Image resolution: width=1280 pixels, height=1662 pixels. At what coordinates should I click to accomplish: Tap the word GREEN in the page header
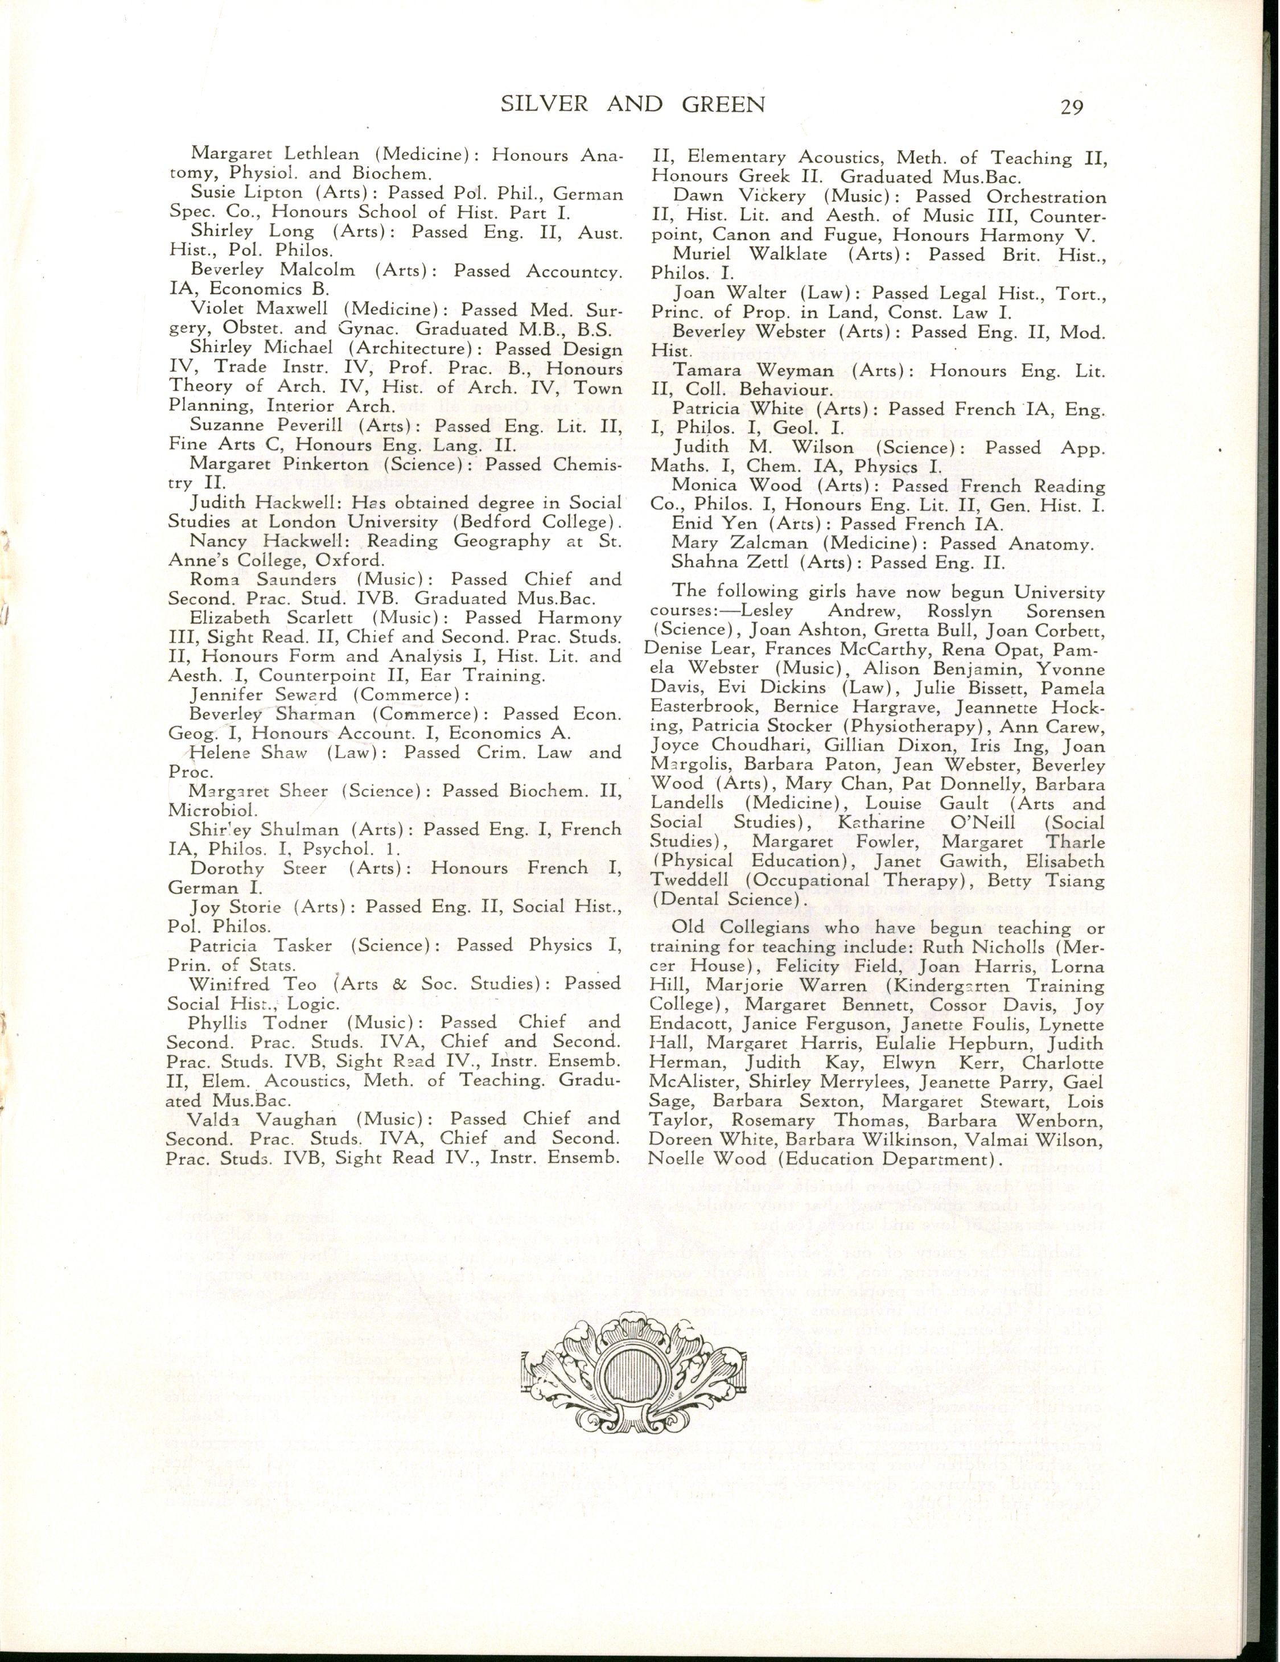716,104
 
